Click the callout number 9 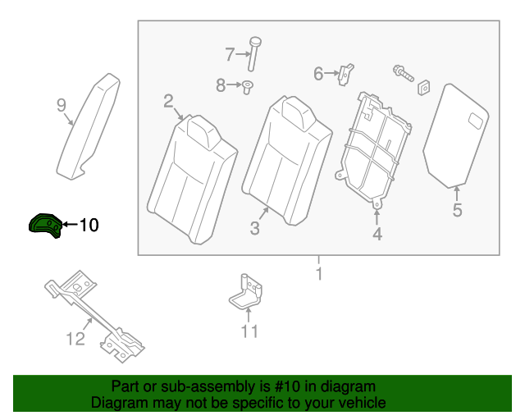point(61,104)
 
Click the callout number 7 point(230,55)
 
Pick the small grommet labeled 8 point(247,85)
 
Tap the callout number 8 point(221,84)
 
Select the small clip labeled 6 point(348,73)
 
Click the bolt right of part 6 point(402,72)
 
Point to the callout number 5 point(457,211)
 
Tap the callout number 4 point(377,235)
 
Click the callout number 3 point(254,229)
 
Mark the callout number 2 point(168,102)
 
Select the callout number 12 point(75,338)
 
